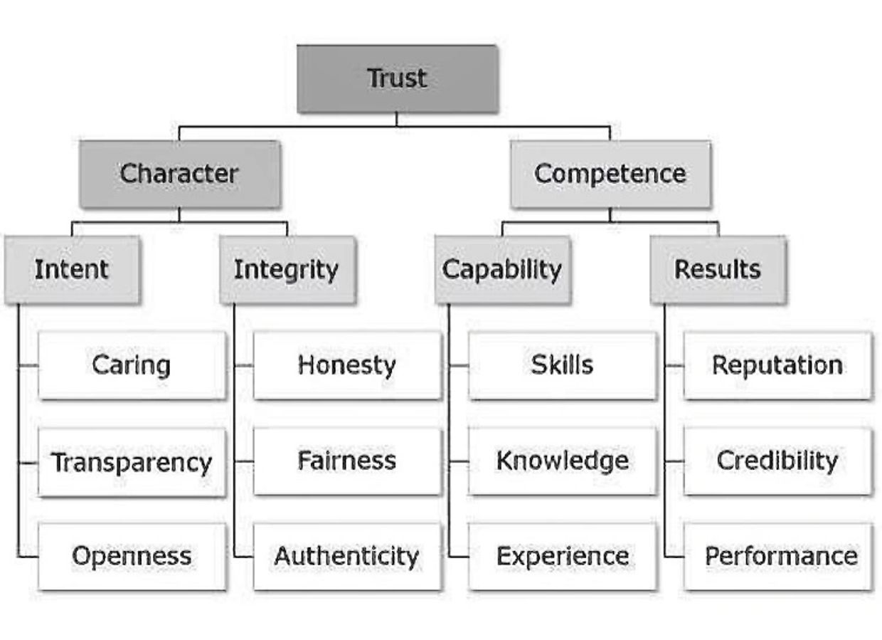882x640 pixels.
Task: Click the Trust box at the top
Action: (x=397, y=78)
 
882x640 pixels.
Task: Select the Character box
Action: (x=179, y=174)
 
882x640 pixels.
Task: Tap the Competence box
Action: (x=610, y=174)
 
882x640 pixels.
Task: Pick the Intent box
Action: (x=72, y=270)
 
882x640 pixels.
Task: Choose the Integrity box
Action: (x=287, y=270)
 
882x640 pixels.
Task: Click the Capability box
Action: (x=502, y=270)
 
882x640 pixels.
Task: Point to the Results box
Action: (x=718, y=270)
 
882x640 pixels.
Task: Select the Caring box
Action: (x=132, y=365)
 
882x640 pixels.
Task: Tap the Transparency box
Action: (x=132, y=462)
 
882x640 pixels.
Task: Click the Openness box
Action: (x=132, y=556)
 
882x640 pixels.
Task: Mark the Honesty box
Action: (x=347, y=365)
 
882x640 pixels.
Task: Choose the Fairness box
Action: (x=347, y=461)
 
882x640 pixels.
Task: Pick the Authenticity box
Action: (x=347, y=556)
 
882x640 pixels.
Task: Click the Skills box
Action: (x=562, y=365)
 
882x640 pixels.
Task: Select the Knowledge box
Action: (x=562, y=461)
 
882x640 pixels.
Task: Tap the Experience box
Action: (x=562, y=556)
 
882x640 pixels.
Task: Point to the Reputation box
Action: (x=777, y=365)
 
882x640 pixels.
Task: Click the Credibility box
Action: (x=777, y=461)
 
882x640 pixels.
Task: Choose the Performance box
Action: (x=777, y=556)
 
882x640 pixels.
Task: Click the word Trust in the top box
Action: (x=397, y=78)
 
